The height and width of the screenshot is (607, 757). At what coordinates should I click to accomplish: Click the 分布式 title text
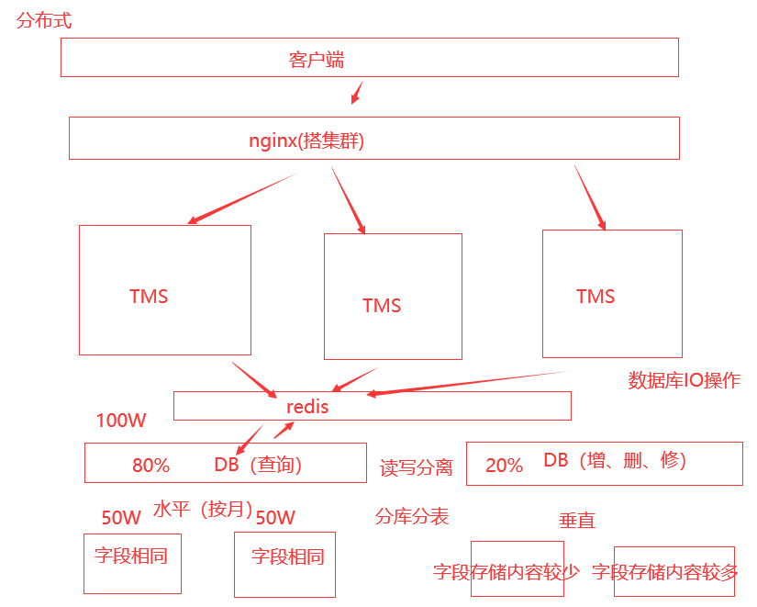pyautogui.click(x=44, y=20)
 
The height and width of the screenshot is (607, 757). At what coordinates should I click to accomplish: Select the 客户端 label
pyautogui.click(x=317, y=61)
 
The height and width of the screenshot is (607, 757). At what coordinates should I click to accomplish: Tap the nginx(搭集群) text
pyautogui.click(x=306, y=141)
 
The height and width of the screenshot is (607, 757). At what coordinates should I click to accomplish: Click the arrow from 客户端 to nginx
pyautogui.click(x=358, y=93)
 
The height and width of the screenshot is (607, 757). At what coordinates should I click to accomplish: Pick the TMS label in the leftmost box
pyautogui.click(x=149, y=297)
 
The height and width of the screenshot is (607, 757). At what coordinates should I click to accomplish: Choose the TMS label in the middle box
pyautogui.click(x=382, y=306)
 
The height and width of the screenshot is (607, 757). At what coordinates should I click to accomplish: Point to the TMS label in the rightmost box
pyautogui.click(x=596, y=296)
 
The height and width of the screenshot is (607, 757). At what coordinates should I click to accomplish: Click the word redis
pyautogui.click(x=306, y=406)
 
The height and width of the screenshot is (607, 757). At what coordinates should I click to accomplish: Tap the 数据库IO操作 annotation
pyautogui.click(x=684, y=380)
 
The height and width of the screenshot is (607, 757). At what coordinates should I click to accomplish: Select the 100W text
pyautogui.click(x=121, y=421)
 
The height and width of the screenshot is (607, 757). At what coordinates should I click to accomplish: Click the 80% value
pyautogui.click(x=151, y=466)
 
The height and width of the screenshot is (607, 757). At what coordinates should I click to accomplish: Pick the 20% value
pyautogui.click(x=504, y=466)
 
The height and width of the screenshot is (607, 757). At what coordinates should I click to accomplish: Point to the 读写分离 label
pyautogui.click(x=417, y=467)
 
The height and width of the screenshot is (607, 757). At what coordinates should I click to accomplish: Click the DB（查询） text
pyautogui.click(x=258, y=465)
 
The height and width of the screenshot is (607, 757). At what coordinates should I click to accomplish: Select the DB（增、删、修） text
pyautogui.click(x=614, y=460)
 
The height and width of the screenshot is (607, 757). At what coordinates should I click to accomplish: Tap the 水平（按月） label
pyautogui.click(x=203, y=509)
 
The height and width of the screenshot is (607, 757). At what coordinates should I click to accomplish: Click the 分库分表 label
pyautogui.click(x=412, y=516)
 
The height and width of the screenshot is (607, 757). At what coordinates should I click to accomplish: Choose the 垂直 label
pyautogui.click(x=577, y=521)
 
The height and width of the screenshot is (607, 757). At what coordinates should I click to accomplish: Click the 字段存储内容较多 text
pyautogui.click(x=665, y=573)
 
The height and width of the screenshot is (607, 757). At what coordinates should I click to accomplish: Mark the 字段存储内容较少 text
pyautogui.click(x=507, y=573)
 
